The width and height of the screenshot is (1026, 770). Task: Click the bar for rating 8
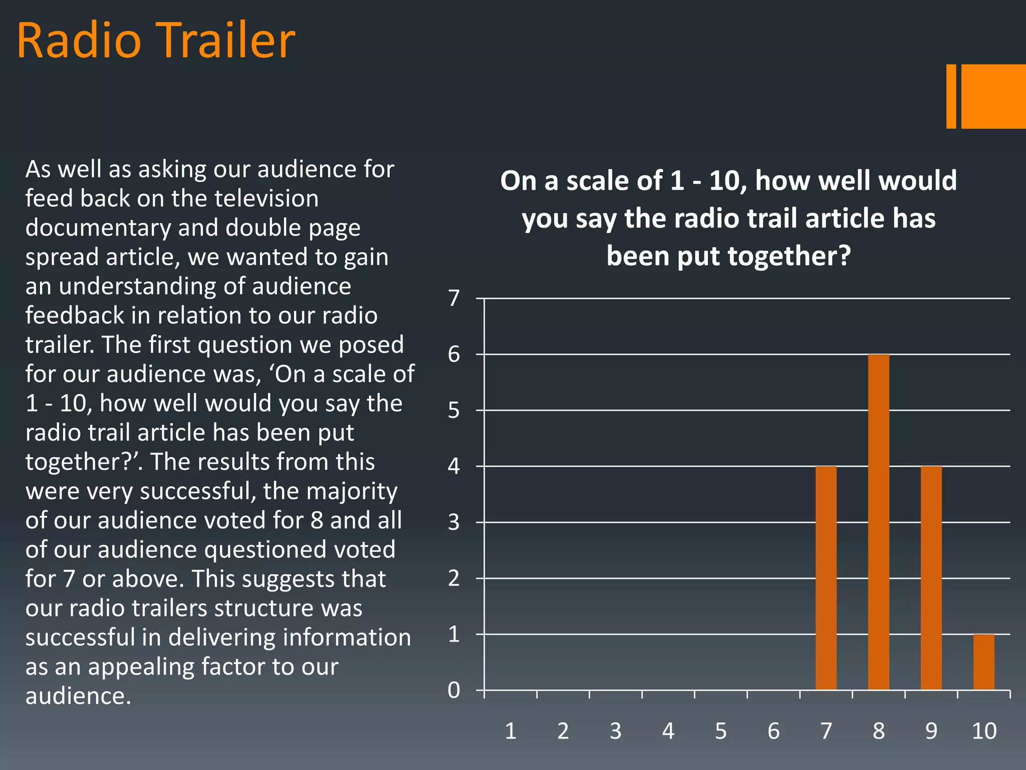tap(878, 521)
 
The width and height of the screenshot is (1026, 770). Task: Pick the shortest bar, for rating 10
tap(983, 662)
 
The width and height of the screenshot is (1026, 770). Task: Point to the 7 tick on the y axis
tap(454, 298)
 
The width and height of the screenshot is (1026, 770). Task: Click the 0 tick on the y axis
tap(454, 690)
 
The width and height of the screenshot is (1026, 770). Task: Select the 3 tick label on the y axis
tap(454, 522)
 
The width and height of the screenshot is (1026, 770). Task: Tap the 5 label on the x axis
tap(720, 731)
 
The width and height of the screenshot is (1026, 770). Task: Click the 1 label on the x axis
tap(510, 731)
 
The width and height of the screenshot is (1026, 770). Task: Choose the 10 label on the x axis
tap(984, 731)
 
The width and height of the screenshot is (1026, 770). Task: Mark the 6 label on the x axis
tap(774, 731)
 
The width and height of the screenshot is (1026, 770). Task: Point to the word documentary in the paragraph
tap(98, 228)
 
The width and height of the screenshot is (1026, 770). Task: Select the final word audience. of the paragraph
tap(78, 696)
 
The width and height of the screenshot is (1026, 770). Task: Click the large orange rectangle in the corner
tap(993, 96)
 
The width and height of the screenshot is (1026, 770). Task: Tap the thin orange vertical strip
tap(951, 96)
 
